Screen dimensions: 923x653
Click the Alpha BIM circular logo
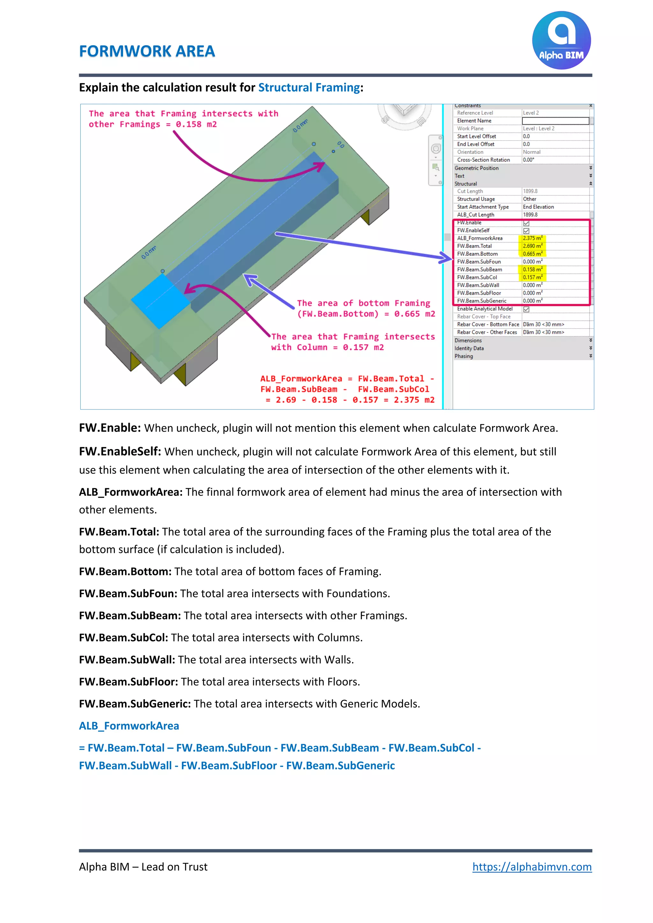point(561,40)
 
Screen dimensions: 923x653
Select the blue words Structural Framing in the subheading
point(309,87)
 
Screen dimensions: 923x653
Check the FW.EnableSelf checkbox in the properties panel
point(526,231)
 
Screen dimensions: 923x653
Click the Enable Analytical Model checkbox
point(526,309)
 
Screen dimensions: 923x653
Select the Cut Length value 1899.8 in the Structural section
point(530,191)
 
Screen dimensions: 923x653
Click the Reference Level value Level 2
point(531,113)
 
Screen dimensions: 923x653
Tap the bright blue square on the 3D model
point(160,300)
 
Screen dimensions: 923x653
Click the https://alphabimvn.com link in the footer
point(532,866)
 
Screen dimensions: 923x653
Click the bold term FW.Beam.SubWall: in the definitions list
point(127,660)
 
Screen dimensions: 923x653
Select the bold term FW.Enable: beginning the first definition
point(110,428)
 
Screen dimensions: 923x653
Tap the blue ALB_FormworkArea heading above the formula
point(129,726)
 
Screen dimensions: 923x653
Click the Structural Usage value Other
point(530,199)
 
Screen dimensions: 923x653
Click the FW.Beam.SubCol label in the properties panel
point(477,277)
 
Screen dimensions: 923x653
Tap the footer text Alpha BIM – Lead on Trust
point(143,867)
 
